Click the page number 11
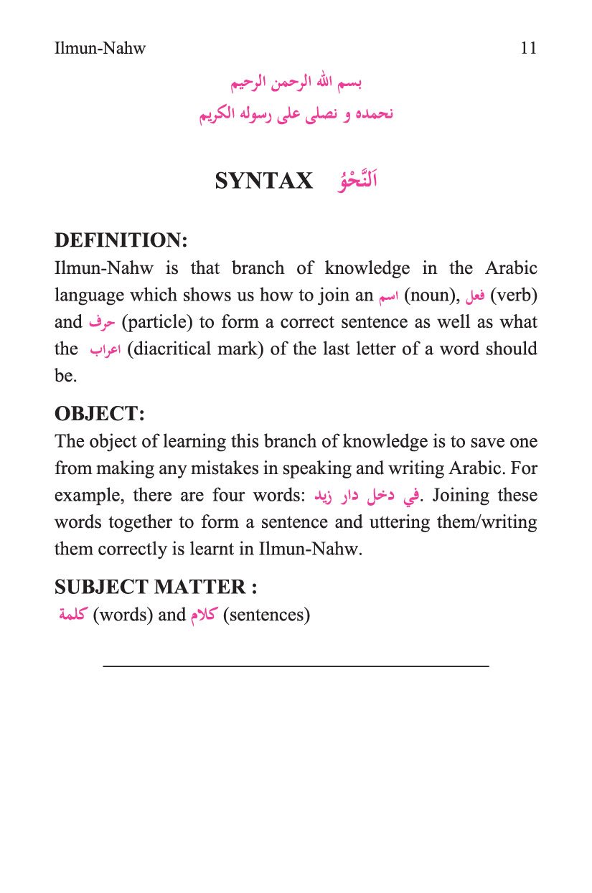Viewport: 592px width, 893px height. tap(528, 49)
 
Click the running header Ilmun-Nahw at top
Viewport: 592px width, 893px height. tap(100, 49)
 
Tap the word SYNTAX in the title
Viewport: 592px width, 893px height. tap(264, 181)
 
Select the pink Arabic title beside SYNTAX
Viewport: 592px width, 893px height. tap(357, 179)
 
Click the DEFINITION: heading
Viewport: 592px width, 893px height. tap(121, 240)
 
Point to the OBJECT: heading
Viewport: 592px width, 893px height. tap(100, 414)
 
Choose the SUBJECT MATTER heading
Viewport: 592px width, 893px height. tap(156, 587)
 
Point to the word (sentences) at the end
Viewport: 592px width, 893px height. tap(266, 615)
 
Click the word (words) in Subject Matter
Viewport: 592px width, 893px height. tap(123, 615)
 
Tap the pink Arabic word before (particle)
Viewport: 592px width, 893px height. tap(102, 323)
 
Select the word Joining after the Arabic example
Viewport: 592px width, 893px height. tap(464, 496)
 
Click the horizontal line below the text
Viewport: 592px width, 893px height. tap(296, 666)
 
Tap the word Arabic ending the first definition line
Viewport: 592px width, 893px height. tap(511, 268)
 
